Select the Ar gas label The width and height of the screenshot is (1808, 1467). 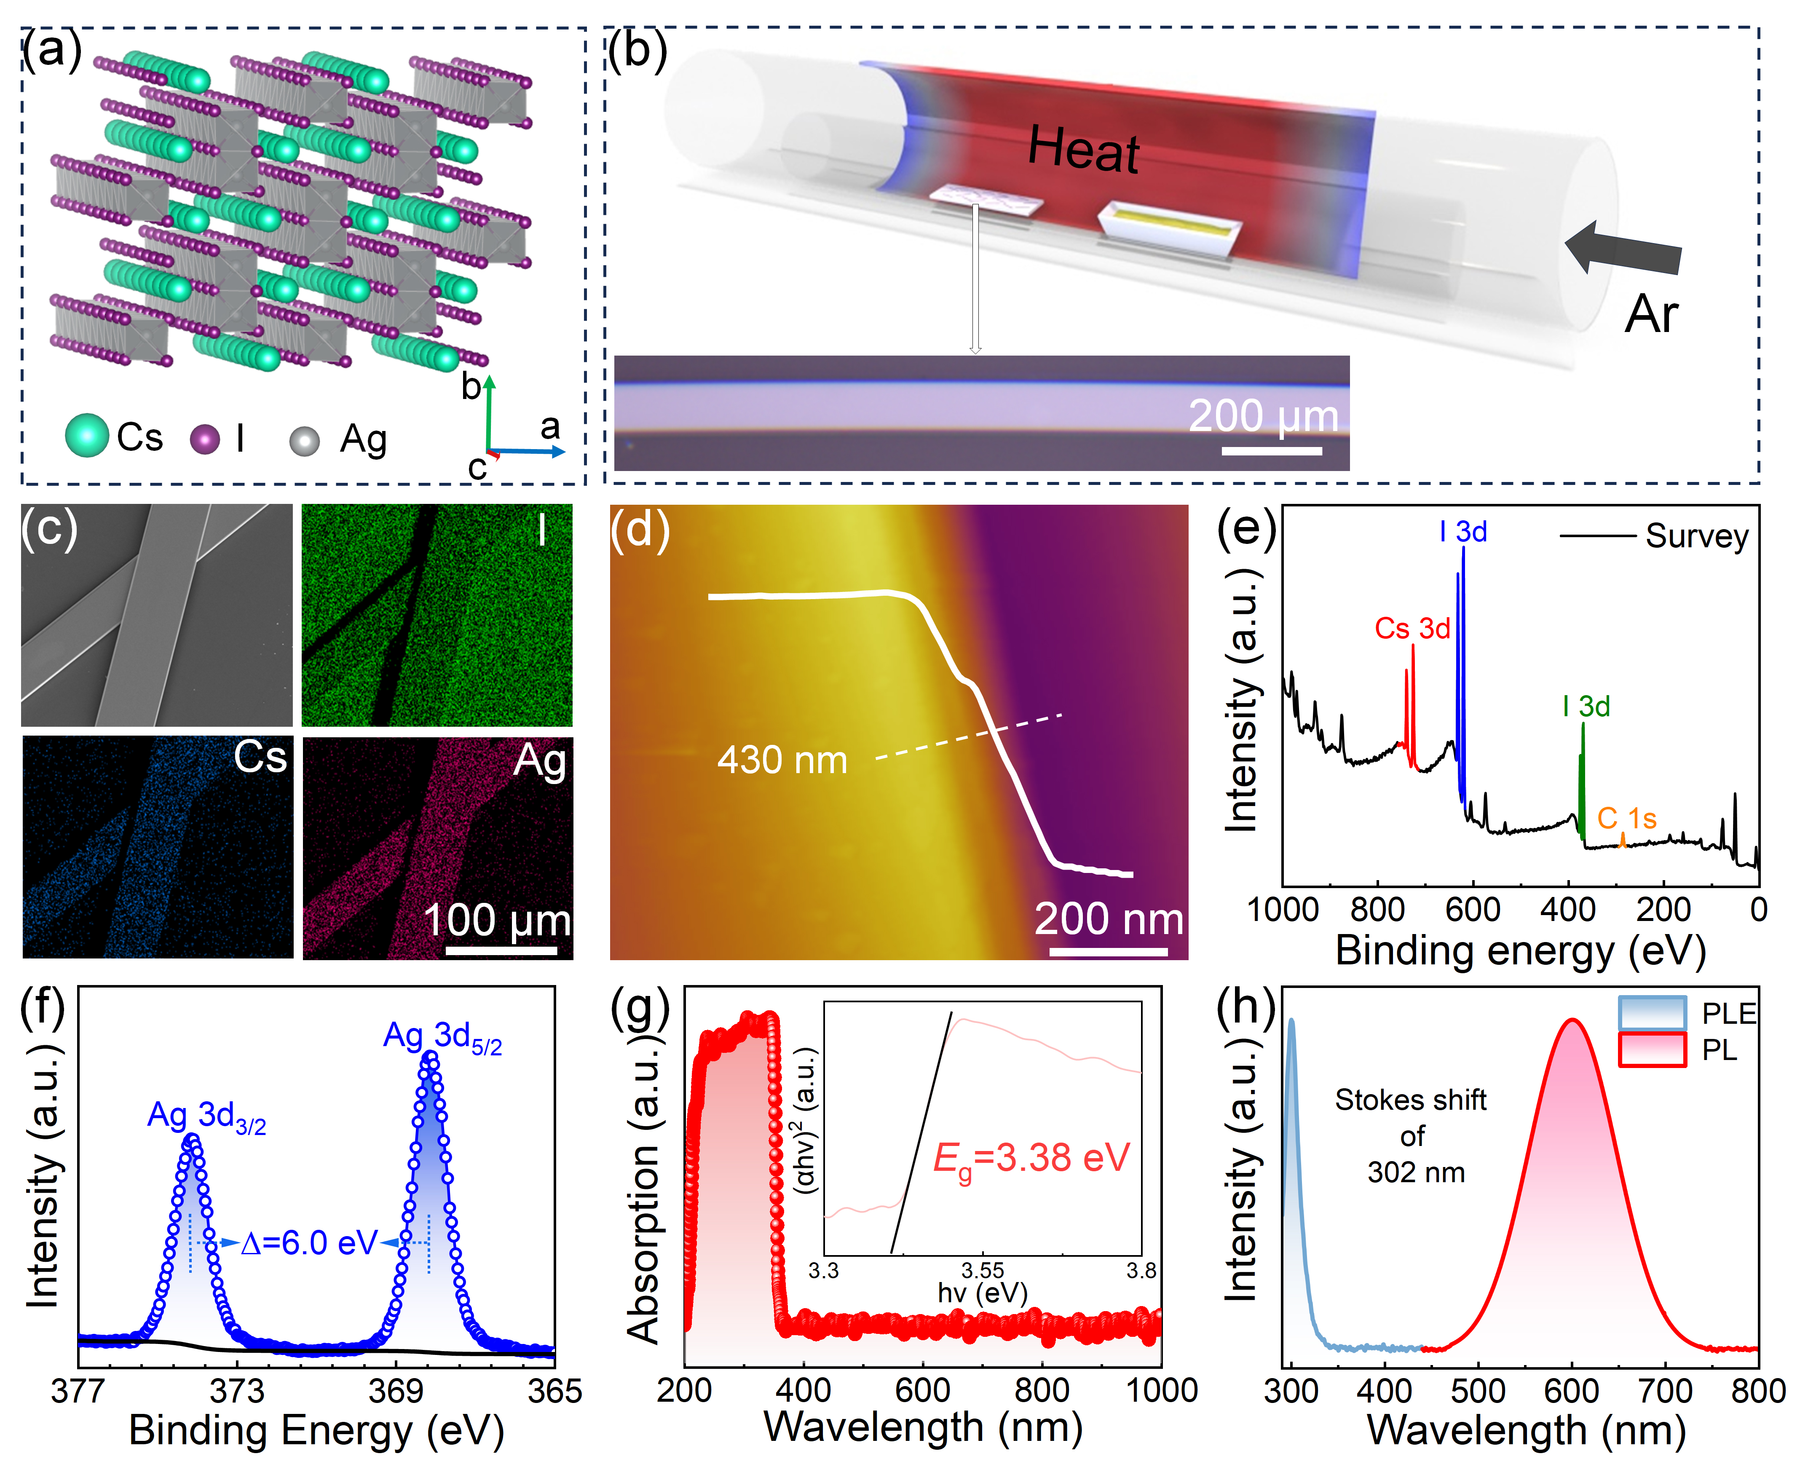[1651, 314]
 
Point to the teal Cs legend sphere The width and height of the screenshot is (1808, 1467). [87, 436]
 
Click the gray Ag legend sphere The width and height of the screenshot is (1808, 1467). [304, 440]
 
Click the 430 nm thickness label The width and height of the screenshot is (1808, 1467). [782, 760]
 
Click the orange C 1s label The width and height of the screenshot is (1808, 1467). [1626, 818]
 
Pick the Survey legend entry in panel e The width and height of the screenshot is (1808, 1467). [1654, 536]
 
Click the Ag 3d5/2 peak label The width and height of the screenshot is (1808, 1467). [442, 1037]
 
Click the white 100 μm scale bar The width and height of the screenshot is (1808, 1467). [501, 950]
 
